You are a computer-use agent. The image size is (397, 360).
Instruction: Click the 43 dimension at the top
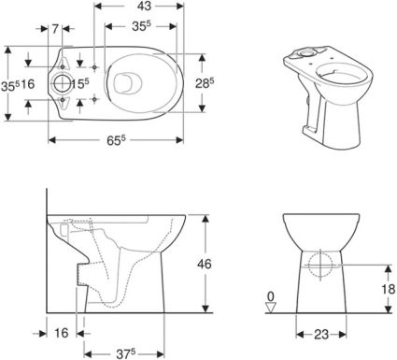pos(144,6)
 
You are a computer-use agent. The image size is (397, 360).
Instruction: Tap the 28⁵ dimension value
pos(205,83)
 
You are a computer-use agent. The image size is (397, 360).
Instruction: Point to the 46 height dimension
pos(205,264)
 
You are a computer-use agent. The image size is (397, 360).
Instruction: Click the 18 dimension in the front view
pos(388,289)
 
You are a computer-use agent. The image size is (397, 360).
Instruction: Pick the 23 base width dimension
pos(321,335)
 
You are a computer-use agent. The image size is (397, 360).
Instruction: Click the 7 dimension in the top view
pos(55,29)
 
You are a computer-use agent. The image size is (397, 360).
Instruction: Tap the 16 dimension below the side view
pos(61,333)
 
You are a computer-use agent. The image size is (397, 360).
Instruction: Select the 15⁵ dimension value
pos(80,83)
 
